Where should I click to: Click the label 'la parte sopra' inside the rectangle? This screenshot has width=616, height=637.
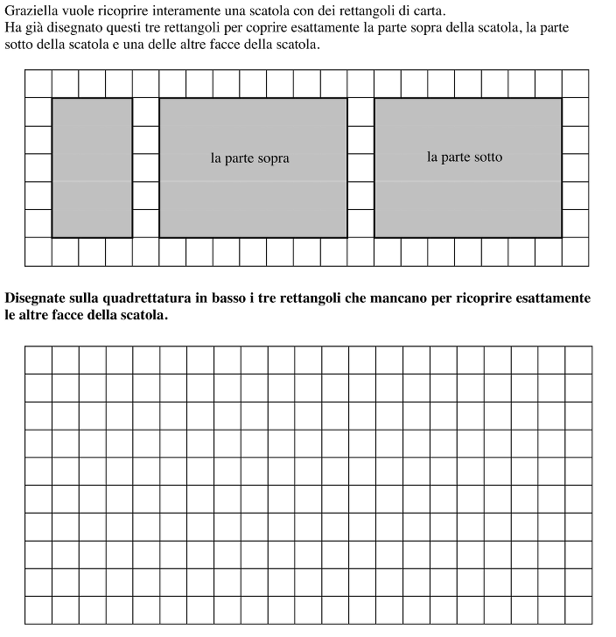click(x=249, y=158)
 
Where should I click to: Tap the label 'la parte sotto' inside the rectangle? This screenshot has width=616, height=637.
click(x=465, y=157)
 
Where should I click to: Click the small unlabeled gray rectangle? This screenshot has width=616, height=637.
click(x=92, y=167)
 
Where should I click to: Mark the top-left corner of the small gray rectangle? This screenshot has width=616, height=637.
click(x=52, y=99)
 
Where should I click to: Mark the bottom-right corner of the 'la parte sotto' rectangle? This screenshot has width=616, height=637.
click(x=562, y=237)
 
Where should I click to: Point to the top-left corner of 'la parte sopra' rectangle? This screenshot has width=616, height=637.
click(x=159, y=99)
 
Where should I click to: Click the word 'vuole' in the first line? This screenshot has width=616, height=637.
click(x=79, y=11)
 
